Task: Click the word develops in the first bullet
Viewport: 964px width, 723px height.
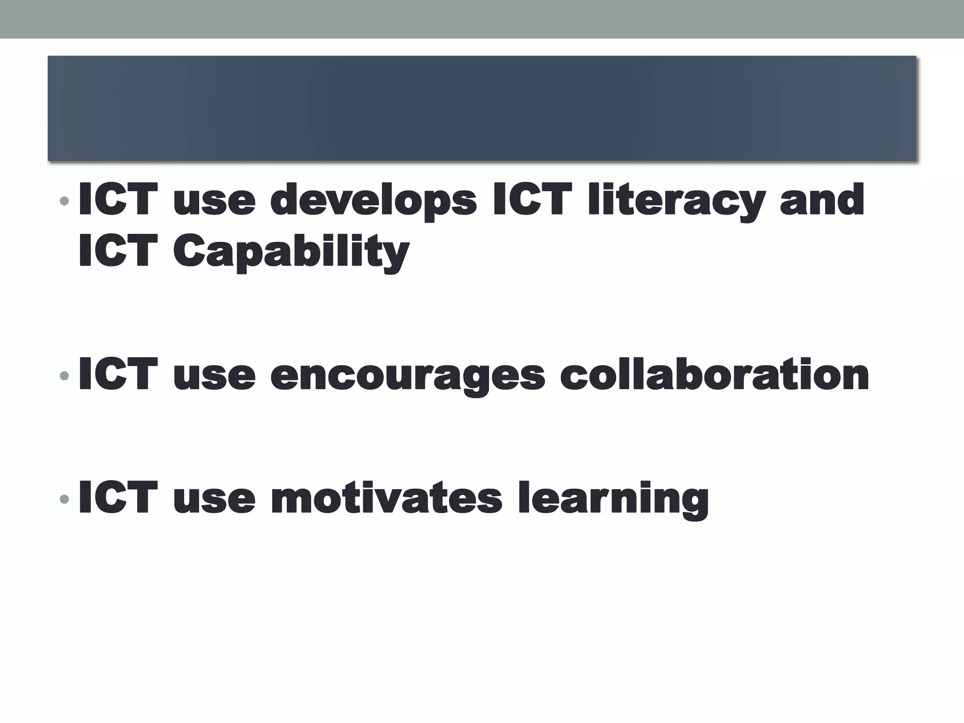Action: (x=373, y=201)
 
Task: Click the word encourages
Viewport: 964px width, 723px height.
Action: (x=408, y=376)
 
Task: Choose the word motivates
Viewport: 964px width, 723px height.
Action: (x=386, y=498)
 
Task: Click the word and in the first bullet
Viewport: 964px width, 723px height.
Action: (x=822, y=201)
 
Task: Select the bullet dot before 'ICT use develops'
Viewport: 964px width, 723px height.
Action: (x=64, y=202)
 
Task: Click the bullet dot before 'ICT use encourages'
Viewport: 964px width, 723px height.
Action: (x=64, y=376)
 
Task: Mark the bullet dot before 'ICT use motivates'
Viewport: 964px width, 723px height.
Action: (x=64, y=498)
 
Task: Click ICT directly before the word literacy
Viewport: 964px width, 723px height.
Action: (x=532, y=200)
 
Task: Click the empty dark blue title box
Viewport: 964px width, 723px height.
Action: (x=482, y=109)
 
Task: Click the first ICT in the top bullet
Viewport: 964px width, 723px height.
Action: (x=118, y=200)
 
